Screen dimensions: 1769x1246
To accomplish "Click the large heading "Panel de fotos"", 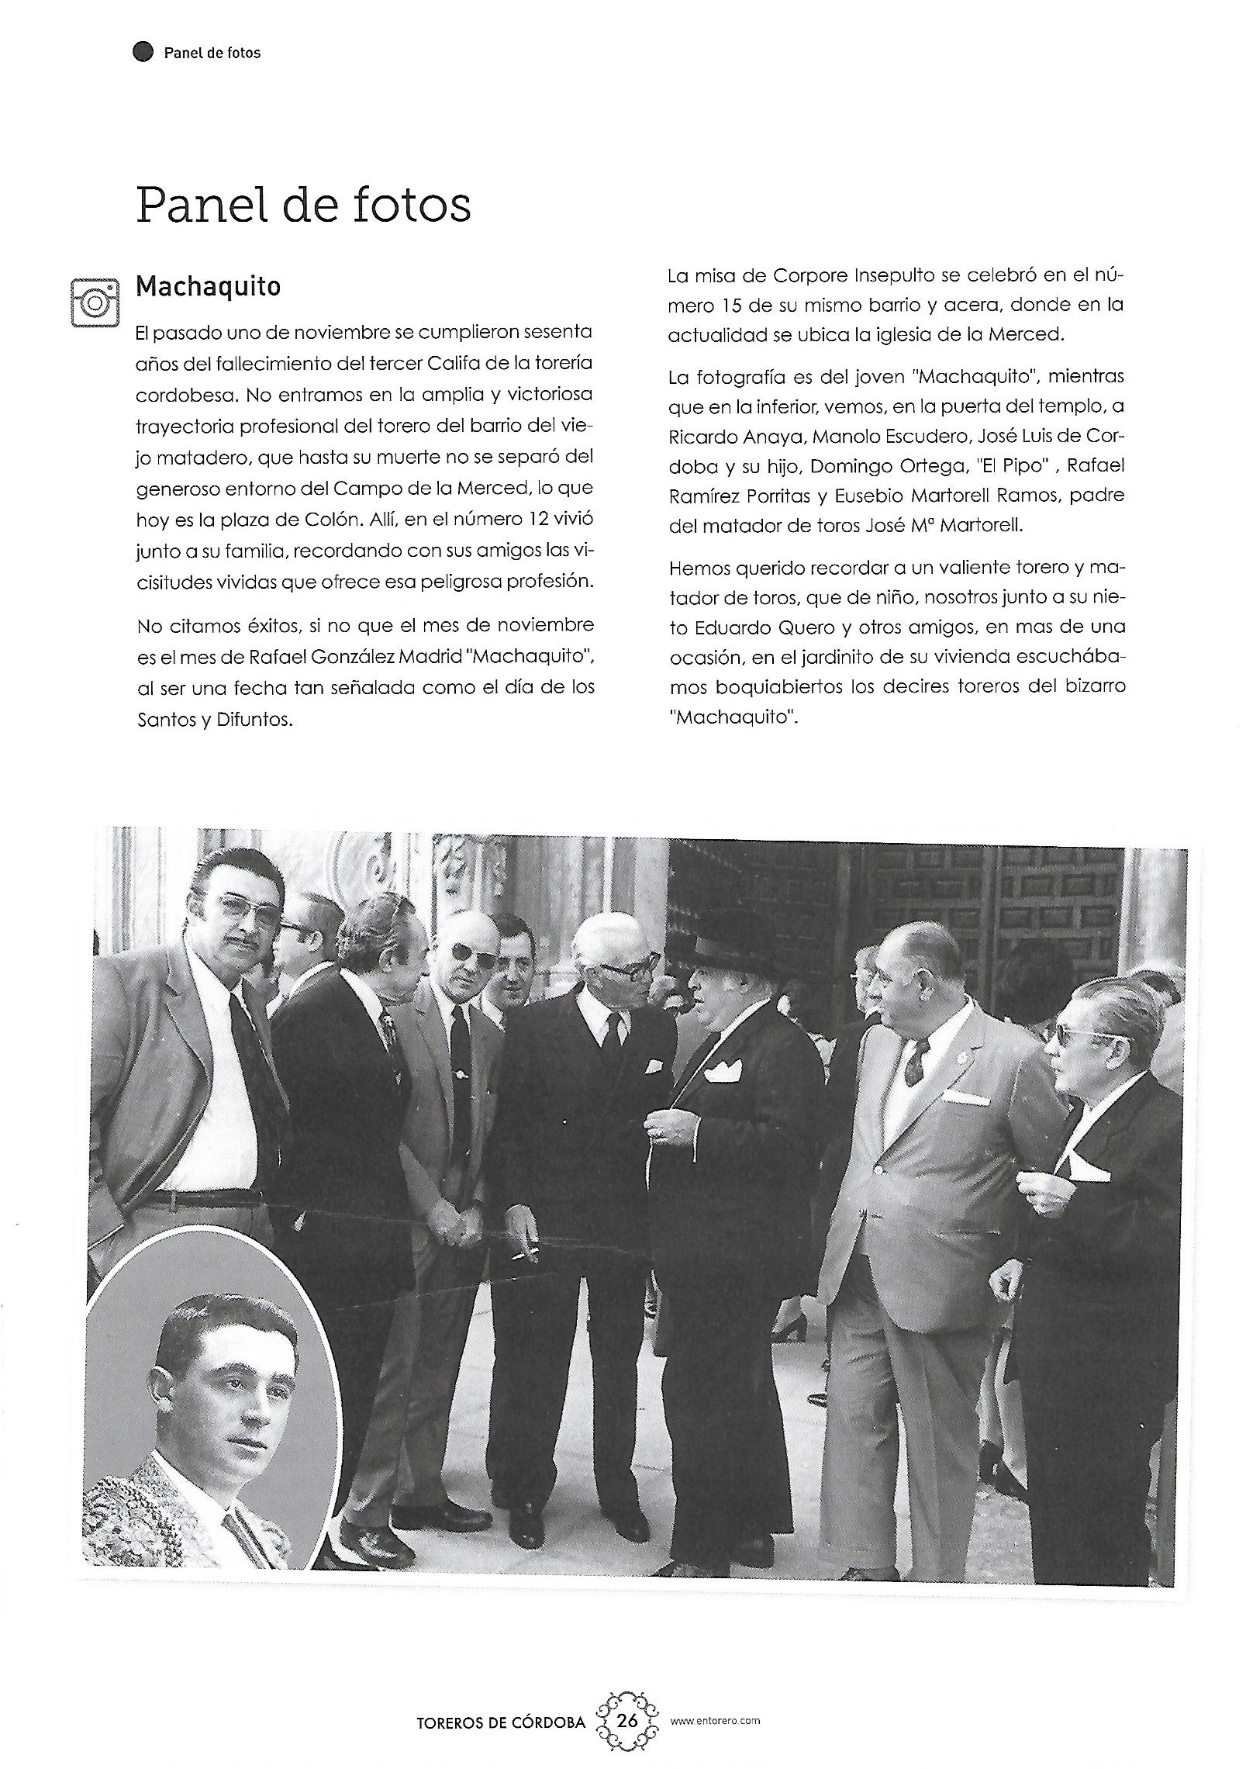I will click(303, 205).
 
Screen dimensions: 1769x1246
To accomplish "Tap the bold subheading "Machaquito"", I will click(208, 286).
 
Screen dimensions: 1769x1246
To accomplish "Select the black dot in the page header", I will click(143, 53).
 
